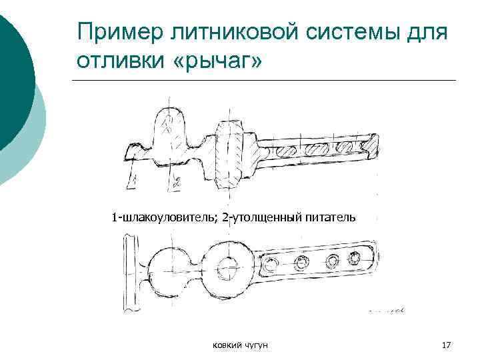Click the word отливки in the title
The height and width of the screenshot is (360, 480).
click(118, 61)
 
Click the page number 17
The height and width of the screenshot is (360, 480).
click(447, 345)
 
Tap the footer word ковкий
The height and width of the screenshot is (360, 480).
click(226, 345)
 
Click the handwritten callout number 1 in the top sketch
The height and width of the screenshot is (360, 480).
click(135, 179)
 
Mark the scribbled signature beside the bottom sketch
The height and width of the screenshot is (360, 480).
click(386, 310)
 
